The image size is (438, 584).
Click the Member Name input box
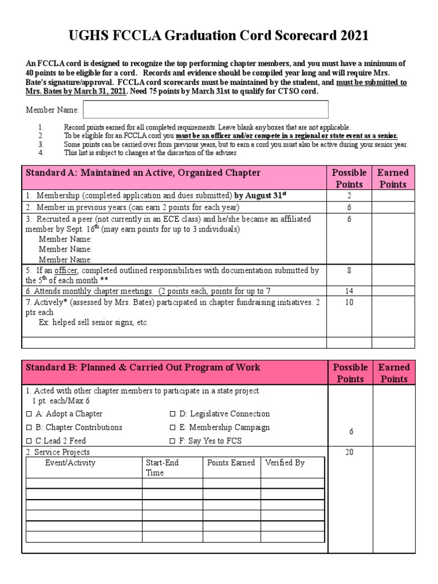(206, 109)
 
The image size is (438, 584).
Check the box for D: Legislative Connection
(173, 414)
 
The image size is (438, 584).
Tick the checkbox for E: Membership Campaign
(173, 428)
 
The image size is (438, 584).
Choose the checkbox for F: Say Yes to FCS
(173, 441)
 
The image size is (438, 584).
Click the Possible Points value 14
(349, 291)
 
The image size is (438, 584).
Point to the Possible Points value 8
(349, 270)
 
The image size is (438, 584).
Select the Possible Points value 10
(349, 302)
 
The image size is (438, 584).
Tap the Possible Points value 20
(349, 452)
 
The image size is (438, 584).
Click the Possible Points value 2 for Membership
(349, 195)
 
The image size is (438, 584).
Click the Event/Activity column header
(70, 463)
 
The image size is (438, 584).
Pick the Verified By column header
(285, 463)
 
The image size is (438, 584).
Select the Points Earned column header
(231, 463)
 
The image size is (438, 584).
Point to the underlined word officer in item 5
(66, 270)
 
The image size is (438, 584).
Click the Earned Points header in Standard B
(394, 373)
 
